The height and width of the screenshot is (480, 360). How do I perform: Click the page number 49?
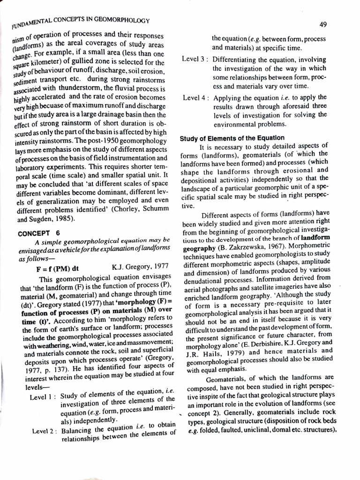(x=322, y=24)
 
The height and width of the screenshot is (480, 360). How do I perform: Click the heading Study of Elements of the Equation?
(x=232, y=138)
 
